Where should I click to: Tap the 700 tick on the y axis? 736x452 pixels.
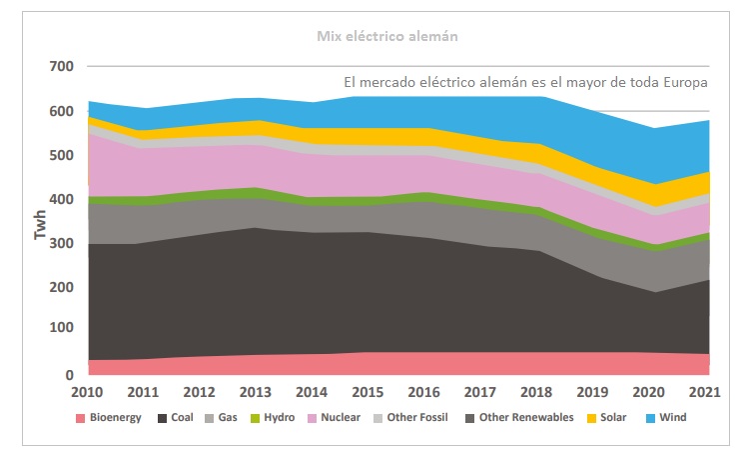[x=61, y=67]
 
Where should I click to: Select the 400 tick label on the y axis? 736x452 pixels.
[x=61, y=200]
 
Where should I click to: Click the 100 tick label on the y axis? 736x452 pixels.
[x=61, y=331]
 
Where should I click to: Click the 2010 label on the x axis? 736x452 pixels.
[x=88, y=390]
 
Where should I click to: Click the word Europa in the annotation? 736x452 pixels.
[x=682, y=83]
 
